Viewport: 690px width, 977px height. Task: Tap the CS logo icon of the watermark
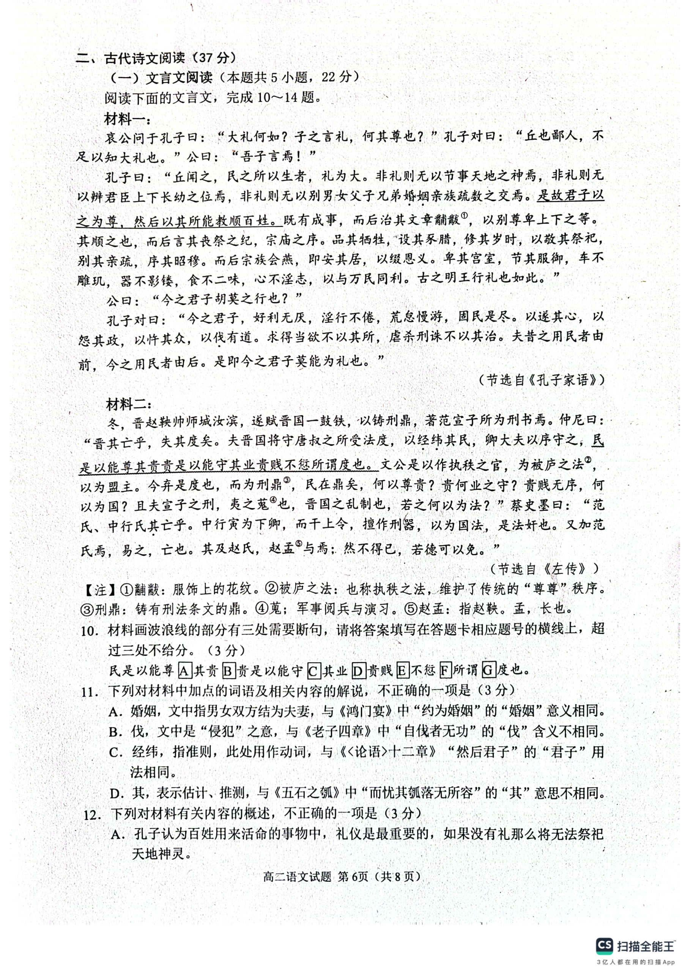coord(605,946)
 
